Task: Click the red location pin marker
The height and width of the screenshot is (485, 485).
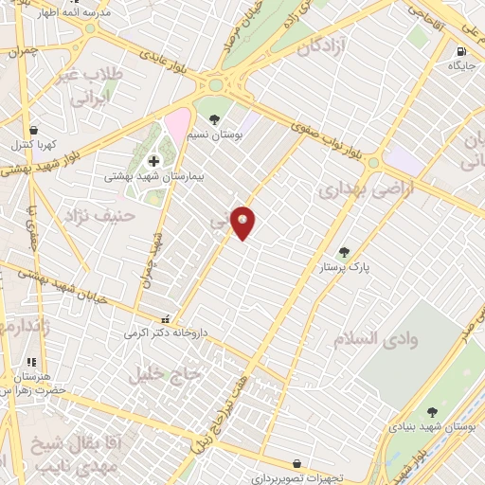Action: point(243,222)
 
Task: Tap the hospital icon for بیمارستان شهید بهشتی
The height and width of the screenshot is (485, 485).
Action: point(153,162)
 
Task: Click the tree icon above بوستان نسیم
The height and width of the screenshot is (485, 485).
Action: point(216,119)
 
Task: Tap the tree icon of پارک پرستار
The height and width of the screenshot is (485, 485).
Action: point(343,253)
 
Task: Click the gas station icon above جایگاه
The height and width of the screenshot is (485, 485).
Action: point(461,51)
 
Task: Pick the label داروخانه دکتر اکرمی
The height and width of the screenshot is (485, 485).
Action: point(164,333)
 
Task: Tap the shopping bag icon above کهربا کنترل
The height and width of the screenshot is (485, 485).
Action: point(35,130)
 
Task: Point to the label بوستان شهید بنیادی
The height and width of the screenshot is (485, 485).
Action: point(433,428)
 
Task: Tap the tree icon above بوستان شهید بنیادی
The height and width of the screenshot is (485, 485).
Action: point(432,412)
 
